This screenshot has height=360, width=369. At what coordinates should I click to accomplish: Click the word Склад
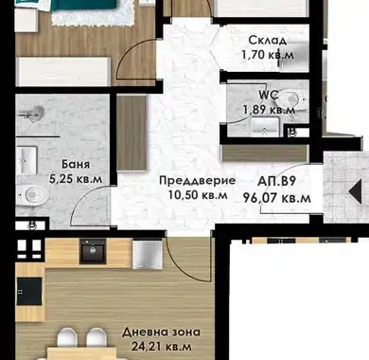(268, 41)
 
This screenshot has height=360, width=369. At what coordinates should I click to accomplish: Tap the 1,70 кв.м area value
(268, 55)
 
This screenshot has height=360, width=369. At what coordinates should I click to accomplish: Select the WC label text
(269, 95)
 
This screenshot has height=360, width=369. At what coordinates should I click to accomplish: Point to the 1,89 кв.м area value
(269, 110)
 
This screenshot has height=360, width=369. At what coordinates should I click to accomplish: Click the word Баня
(76, 164)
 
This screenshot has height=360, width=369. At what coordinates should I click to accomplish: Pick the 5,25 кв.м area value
(76, 179)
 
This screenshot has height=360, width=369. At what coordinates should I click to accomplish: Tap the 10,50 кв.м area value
(198, 195)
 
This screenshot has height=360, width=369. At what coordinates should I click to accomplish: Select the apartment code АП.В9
(276, 182)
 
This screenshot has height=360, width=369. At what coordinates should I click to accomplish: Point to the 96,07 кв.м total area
(276, 198)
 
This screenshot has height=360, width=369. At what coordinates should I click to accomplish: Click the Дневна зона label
(161, 332)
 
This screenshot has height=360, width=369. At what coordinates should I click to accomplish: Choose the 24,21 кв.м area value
(161, 347)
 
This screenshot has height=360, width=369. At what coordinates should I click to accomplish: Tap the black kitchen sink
(93, 251)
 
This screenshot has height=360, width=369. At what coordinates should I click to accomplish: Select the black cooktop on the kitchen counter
(29, 291)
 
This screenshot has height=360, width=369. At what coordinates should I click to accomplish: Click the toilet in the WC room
(290, 100)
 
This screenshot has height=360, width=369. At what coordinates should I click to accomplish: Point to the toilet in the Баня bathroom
(32, 195)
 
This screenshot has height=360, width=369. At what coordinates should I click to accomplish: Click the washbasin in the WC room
(265, 127)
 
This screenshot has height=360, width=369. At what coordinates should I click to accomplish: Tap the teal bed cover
(84, 6)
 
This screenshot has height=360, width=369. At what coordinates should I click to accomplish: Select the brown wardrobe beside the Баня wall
(132, 133)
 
